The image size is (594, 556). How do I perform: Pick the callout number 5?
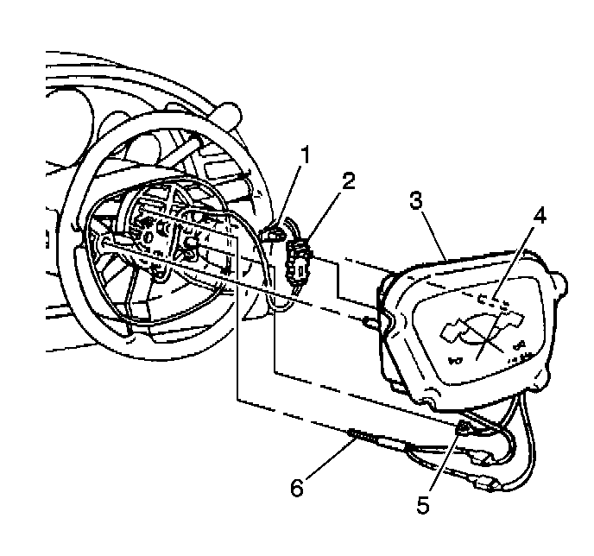(x=421, y=504)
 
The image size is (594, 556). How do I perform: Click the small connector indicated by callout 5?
(x=464, y=427)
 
